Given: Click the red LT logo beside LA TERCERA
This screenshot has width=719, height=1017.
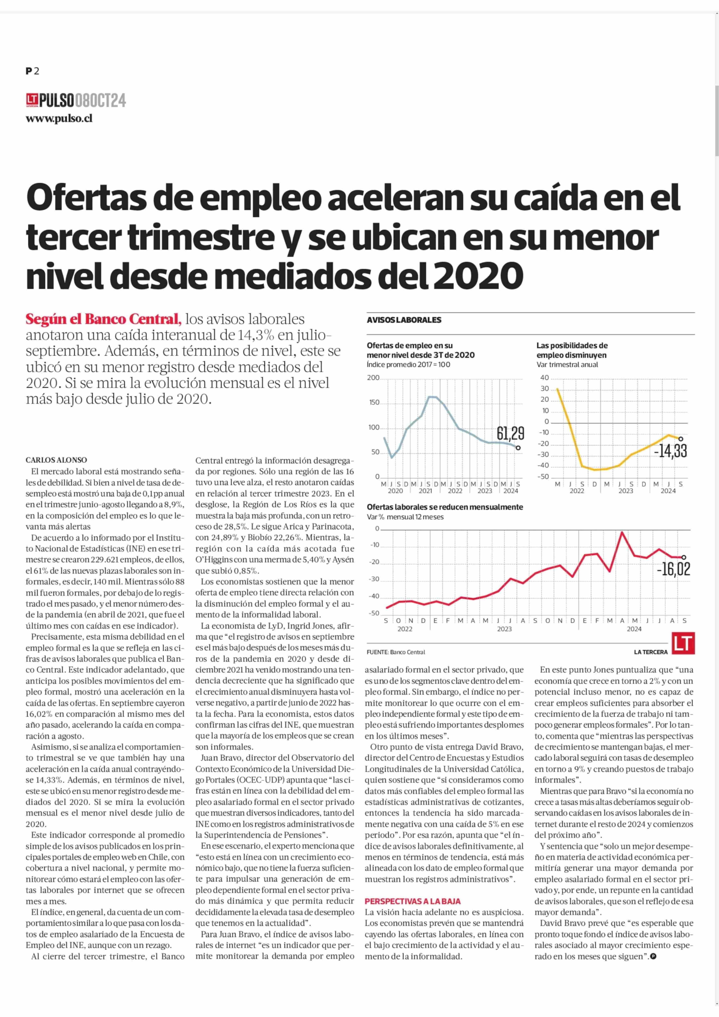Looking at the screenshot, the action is (x=683, y=643).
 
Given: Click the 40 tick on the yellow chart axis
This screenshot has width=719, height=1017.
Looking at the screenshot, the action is (x=544, y=378).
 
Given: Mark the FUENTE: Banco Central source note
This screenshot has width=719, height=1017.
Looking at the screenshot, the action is (x=396, y=652).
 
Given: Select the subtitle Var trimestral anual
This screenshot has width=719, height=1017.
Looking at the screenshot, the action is (x=567, y=365).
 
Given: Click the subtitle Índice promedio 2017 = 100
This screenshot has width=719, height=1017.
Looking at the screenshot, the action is (x=408, y=365).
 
